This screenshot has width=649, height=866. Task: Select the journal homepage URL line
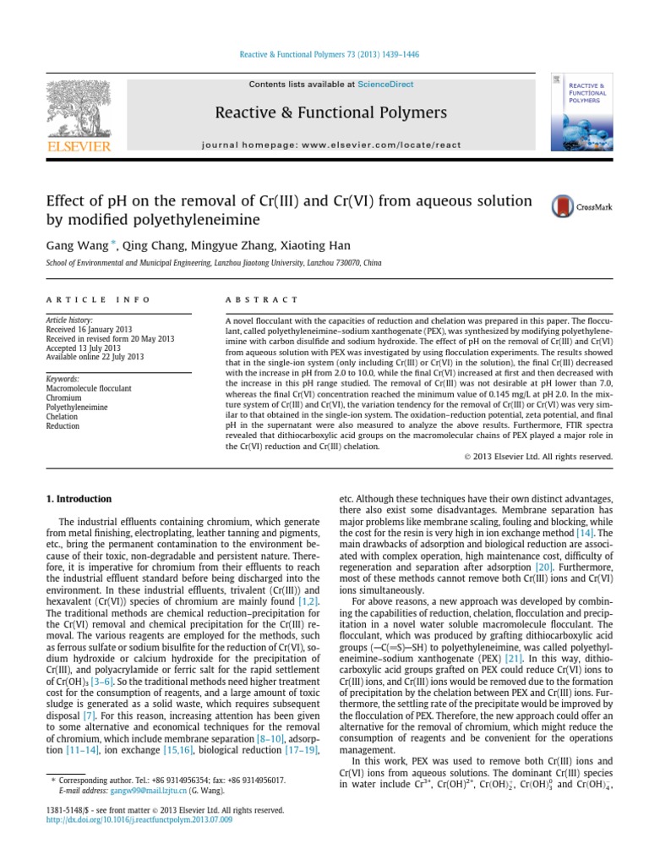(331, 145)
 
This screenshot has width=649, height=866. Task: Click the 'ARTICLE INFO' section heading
(98, 299)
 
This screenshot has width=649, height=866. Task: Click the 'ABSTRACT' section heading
(262, 299)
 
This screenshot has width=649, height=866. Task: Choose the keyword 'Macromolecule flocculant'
(89, 389)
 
